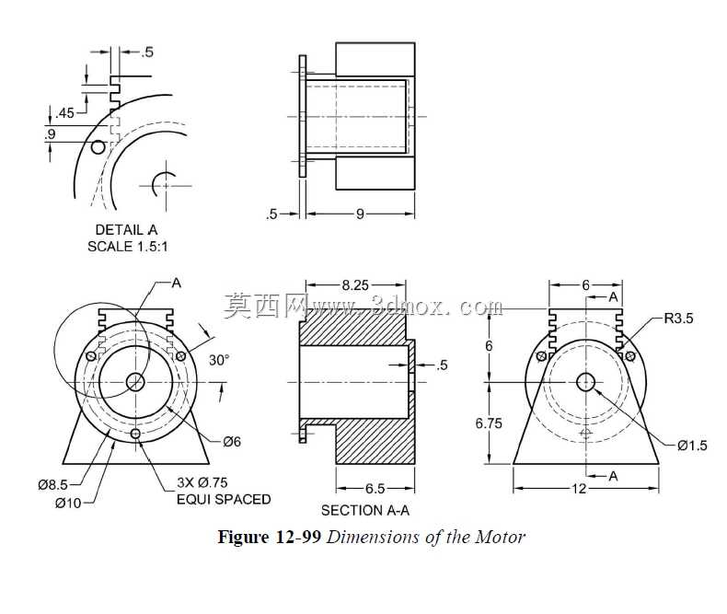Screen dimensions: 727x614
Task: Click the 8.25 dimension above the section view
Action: coord(355,284)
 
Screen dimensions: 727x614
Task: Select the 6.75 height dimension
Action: coord(489,423)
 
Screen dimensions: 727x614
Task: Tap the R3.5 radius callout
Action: coord(678,319)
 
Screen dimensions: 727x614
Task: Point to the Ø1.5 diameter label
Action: coord(692,446)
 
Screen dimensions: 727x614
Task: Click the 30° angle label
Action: coord(219,360)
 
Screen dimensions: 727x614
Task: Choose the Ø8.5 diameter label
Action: coord(52,484)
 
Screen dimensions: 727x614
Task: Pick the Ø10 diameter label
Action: coord(68,503)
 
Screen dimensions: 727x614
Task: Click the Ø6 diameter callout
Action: coord(232,442)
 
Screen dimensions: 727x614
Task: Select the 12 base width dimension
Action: coord(579,488)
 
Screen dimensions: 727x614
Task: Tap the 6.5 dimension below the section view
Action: coord(375,488)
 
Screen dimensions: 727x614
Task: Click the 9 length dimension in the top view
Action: coord(360,214)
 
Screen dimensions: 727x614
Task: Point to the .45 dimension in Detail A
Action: coord(64,112)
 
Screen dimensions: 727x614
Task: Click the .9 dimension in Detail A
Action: coord(50,134)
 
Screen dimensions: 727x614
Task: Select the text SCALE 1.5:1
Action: coord(128,247)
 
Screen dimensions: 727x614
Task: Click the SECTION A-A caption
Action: coord(365,510)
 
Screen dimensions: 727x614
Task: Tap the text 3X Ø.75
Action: coord(202,482)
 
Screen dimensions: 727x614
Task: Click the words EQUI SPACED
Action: coord(224,500)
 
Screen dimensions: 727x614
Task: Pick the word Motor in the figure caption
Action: coord(501,537)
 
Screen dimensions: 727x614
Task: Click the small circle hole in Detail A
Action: coord(98,147)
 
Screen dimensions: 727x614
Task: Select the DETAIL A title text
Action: coord(127,229)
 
